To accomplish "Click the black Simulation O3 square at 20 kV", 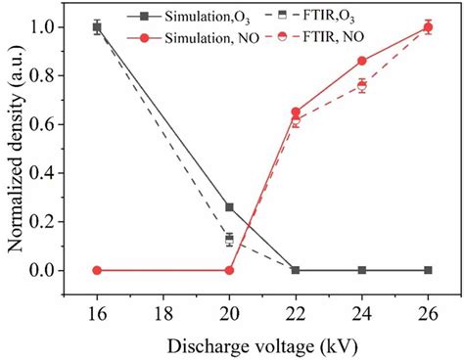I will (x=229, y=207).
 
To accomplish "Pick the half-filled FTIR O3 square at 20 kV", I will (x=229, y=239).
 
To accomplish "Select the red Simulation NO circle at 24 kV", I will (x=362, y=61).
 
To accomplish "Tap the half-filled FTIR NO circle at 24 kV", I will (x=362, y=86).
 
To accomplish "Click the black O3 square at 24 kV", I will (x=362, y=270).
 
